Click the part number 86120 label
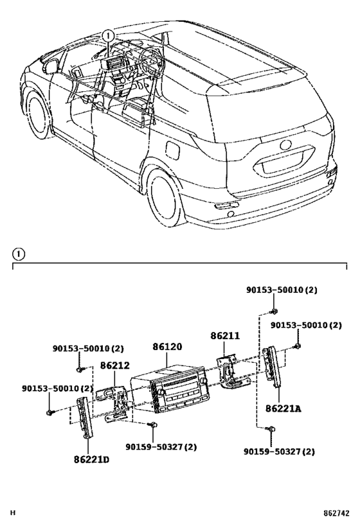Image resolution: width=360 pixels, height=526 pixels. coord(167,347)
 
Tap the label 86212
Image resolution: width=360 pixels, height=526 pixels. coord(114,365)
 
